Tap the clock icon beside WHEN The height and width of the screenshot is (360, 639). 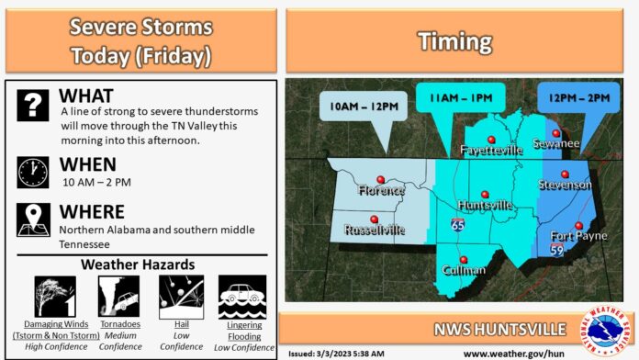[x=33, y=172]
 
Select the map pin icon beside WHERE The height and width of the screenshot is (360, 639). [x=33, y=218]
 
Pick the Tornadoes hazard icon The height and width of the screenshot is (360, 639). [x=118, y=297]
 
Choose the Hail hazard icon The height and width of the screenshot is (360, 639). [x=180, y=297]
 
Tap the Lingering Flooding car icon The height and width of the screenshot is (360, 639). [x=241, y=297]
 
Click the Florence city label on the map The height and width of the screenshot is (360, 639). [x=381, y=190]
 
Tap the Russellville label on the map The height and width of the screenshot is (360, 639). [x=375, y=230]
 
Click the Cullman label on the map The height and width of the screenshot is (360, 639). [x=463, y=270]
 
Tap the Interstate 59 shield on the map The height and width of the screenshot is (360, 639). [x=556, y=248]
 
